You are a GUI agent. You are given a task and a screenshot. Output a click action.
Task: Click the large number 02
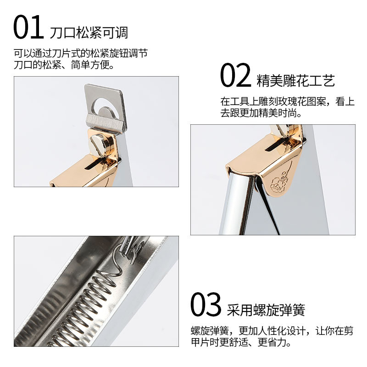235,76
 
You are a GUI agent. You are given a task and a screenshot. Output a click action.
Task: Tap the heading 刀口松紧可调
89,33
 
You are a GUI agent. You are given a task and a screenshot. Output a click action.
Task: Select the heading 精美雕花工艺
296,81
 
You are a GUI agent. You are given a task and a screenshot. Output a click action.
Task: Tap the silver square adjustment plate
105,106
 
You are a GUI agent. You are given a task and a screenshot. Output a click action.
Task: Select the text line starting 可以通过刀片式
80,53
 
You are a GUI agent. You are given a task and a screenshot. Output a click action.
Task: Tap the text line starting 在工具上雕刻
287,101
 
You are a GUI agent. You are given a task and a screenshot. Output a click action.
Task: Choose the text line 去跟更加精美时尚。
261,113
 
